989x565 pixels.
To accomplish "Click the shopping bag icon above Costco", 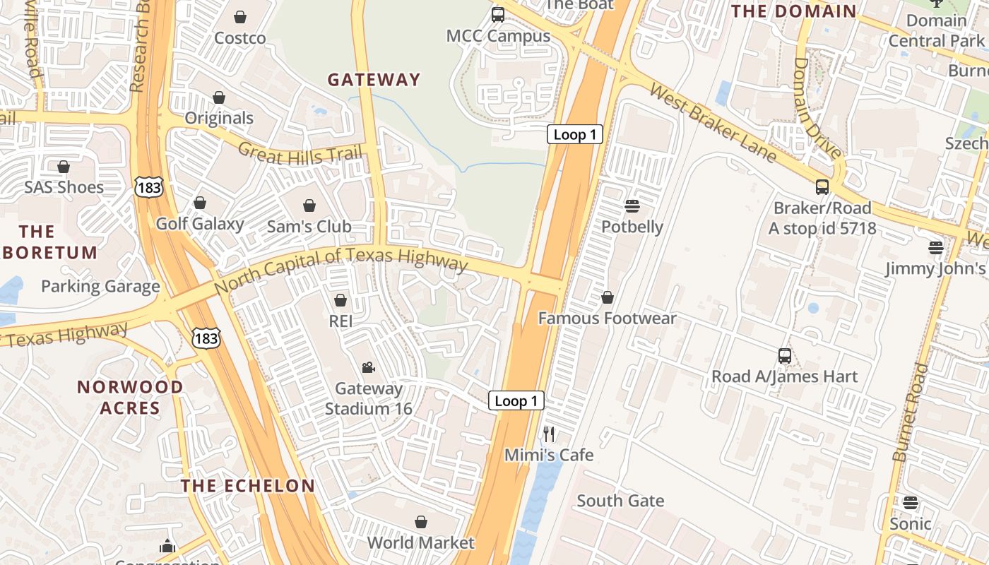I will tap(240, 17).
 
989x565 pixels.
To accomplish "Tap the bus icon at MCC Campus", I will tap(498, 14).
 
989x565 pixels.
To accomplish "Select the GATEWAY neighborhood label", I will tap(374, 80).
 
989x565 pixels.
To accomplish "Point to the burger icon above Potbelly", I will tap(632, 206).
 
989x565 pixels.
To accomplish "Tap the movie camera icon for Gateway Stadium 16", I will tap(368, 367).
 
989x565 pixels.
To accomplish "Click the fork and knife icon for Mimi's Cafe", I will tap(549, 434).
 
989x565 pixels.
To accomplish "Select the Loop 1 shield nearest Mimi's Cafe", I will tap(516, 401).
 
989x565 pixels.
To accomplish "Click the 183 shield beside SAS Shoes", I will tap(149, 187).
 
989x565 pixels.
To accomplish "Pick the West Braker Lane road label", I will tap(713, 123).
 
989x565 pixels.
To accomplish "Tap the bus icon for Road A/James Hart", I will tap(784, 356).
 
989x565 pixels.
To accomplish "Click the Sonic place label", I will tap(910, 524).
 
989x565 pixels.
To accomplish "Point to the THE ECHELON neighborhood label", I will tap(247, 486).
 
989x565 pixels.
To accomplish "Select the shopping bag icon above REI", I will tap(340, 300).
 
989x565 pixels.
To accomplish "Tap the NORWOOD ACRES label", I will tap(130, 398).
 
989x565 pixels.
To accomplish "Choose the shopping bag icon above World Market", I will tap(421, 522).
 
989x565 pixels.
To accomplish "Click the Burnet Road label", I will tap(911, 413).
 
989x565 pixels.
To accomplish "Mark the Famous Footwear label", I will tap(607, 319).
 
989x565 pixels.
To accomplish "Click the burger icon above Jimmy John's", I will tap(936, 248).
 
